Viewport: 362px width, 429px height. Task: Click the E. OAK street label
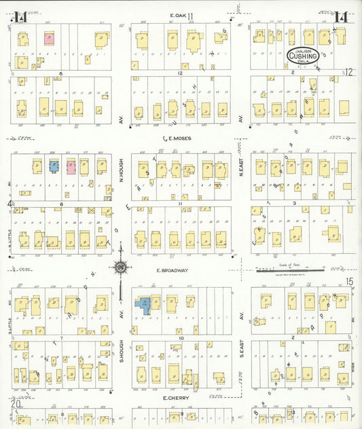[179, 15]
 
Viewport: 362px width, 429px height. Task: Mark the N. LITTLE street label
[12, 234]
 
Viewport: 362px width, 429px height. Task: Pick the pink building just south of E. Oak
[50, 38]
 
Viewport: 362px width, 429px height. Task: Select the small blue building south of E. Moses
[54, 166]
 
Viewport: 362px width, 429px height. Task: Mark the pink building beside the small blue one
[70, 166]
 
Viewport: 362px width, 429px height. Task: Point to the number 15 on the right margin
[349, 281]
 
